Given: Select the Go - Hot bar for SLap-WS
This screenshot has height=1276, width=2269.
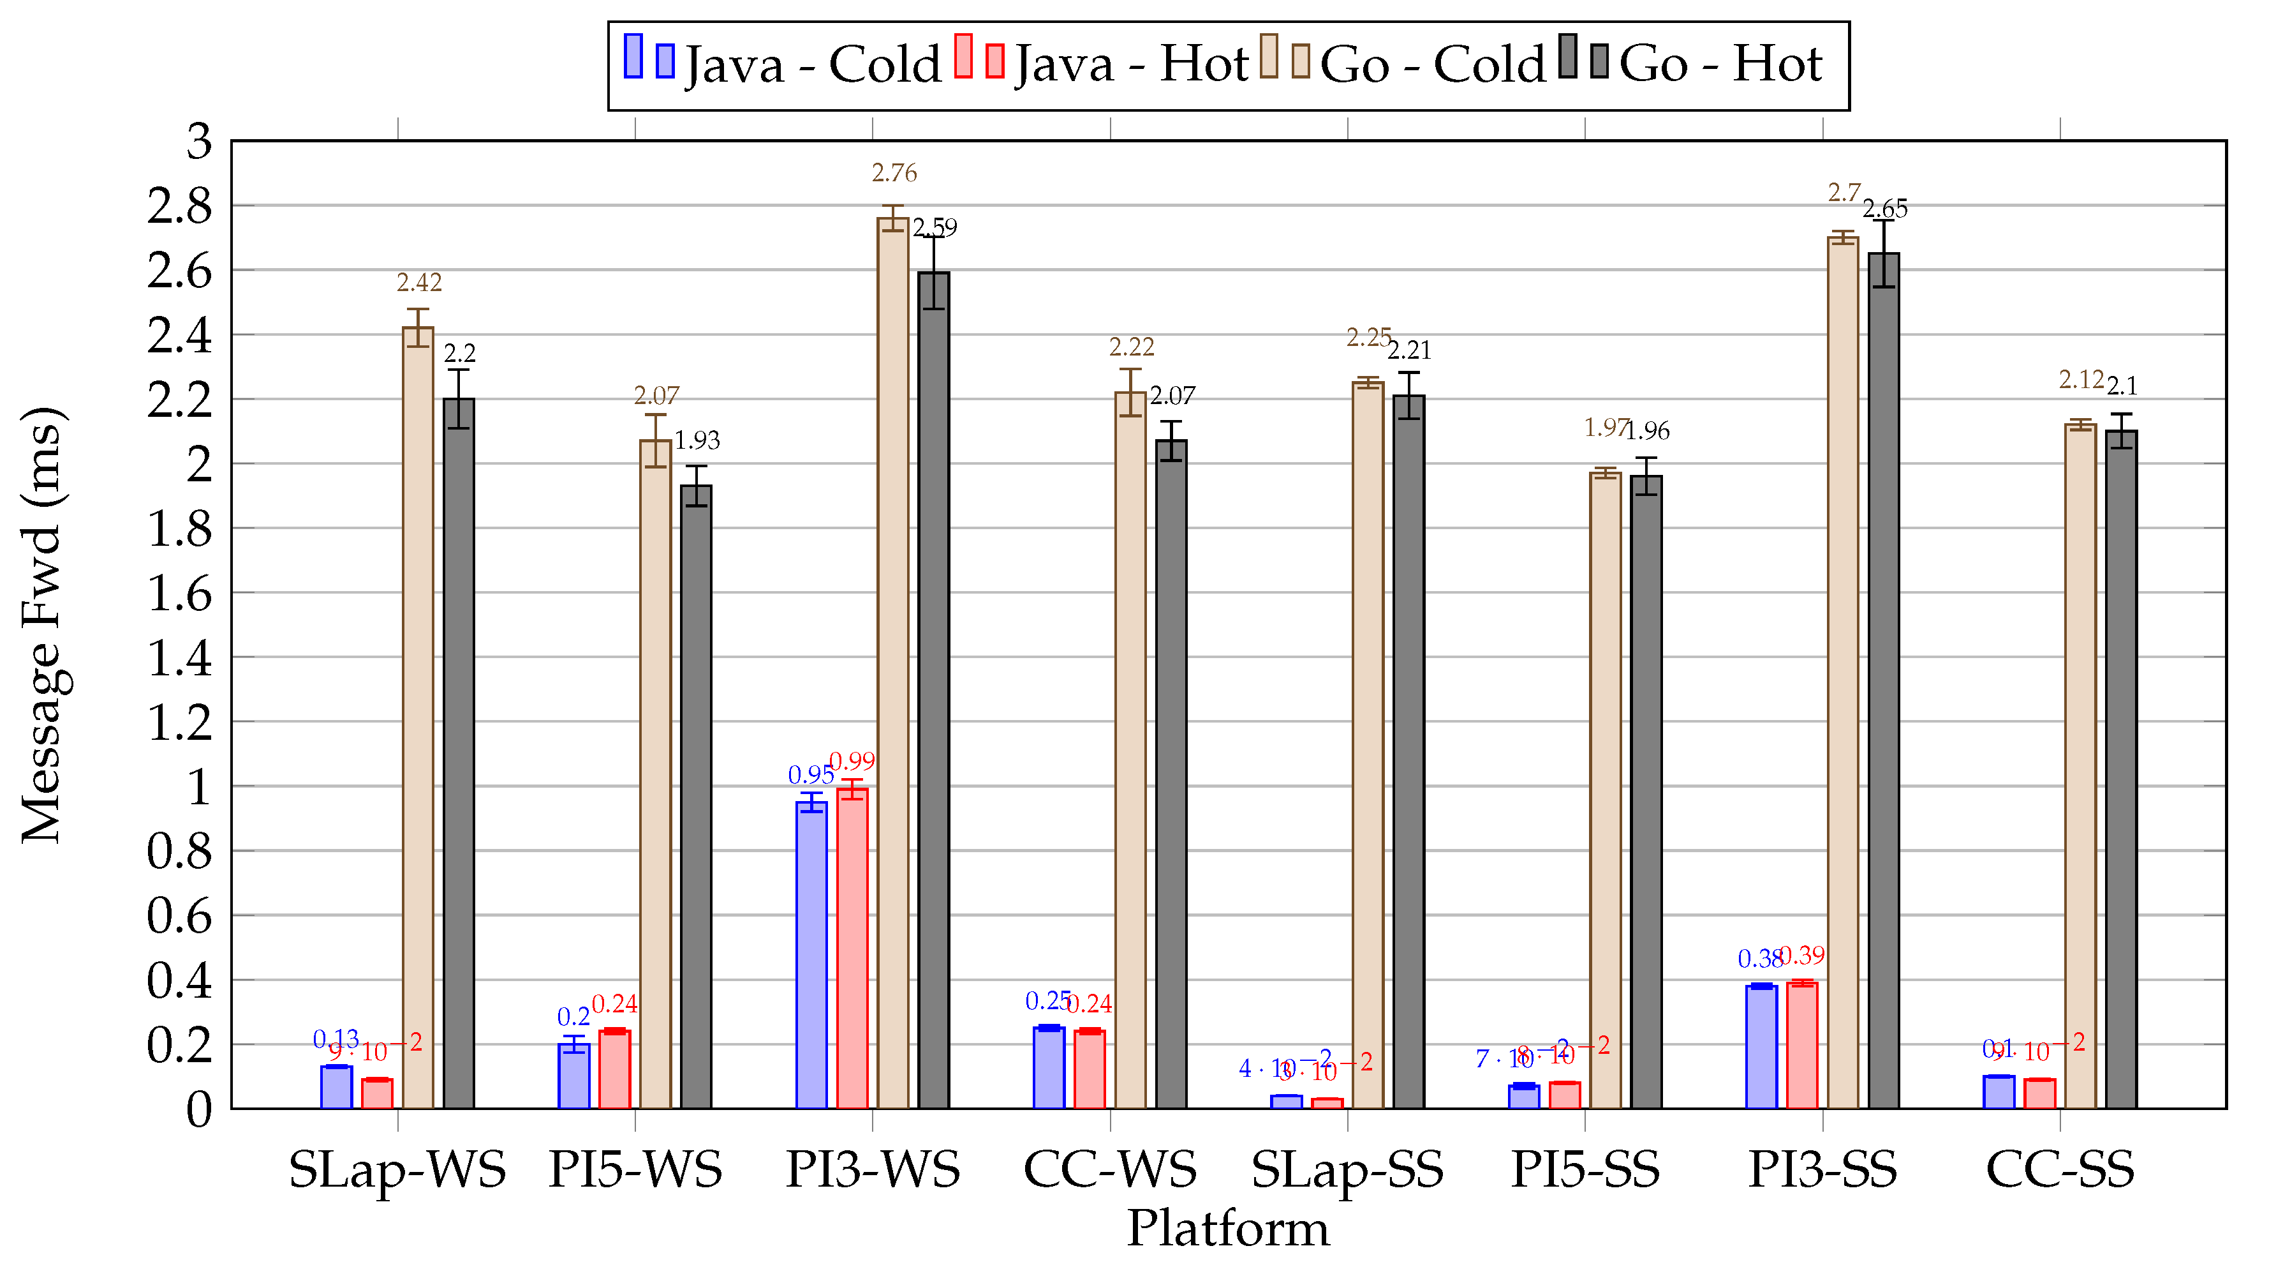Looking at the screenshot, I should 458,753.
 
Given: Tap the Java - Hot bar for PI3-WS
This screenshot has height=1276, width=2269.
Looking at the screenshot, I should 852,948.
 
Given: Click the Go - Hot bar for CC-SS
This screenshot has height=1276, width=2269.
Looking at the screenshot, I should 2120,769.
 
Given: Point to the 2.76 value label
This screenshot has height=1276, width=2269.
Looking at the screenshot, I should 894,173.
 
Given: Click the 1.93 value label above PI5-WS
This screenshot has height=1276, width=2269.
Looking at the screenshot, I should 697,440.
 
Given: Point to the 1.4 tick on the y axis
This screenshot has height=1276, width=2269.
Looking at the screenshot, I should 180,658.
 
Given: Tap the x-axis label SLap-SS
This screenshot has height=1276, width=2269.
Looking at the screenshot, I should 1347,1170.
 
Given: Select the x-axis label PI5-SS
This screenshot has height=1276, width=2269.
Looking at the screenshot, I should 1585,1170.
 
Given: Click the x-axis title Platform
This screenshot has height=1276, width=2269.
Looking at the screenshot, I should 1228,1228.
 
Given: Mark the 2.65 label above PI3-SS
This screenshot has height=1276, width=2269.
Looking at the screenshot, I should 1884,209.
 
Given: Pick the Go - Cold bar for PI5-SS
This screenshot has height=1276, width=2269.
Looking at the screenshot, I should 1605,790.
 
